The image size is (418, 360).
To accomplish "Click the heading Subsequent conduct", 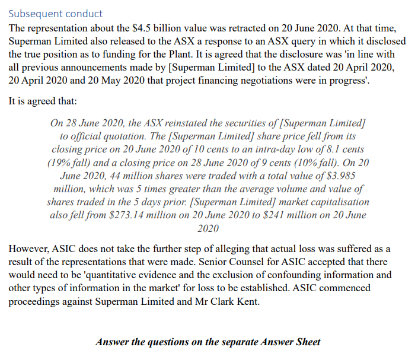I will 55,13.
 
